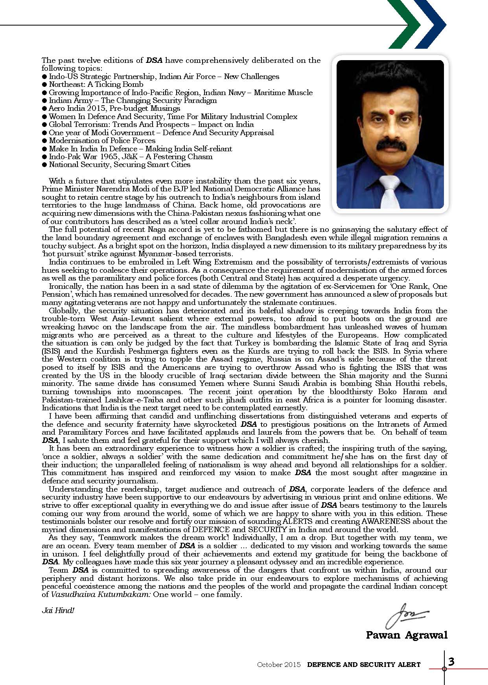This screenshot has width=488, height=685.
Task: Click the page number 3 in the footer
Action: click(x=451, y=662)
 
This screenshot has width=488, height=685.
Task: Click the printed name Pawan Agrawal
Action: click(x=407, y=635)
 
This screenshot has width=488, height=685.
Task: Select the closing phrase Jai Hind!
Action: click(x=58, y=610)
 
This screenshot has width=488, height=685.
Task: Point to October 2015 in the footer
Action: click(x=278, y=665)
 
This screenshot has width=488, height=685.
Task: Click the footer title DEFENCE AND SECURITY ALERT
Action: click(x=364, y=665)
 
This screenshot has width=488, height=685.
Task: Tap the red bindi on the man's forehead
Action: click(x=391, y=112)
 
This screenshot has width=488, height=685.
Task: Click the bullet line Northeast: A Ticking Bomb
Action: click(x=96, y=84)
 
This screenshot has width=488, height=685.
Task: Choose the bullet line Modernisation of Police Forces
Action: click(x=102, y=141)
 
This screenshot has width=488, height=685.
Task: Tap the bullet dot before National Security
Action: click(x=44, y=165)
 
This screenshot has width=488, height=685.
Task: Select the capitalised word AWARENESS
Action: click(x=398, y=522)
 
